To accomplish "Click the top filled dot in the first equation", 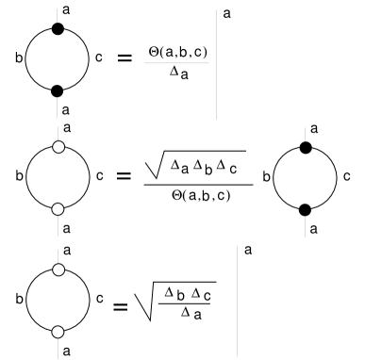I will [x=57, y=31].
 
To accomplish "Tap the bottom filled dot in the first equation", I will [x=57, y=90].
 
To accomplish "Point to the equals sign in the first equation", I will [x=124, y=60].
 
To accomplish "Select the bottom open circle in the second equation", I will [x=57, y=208].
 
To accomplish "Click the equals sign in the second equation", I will [x=124, y=178].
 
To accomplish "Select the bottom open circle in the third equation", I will [x=57, y=330].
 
